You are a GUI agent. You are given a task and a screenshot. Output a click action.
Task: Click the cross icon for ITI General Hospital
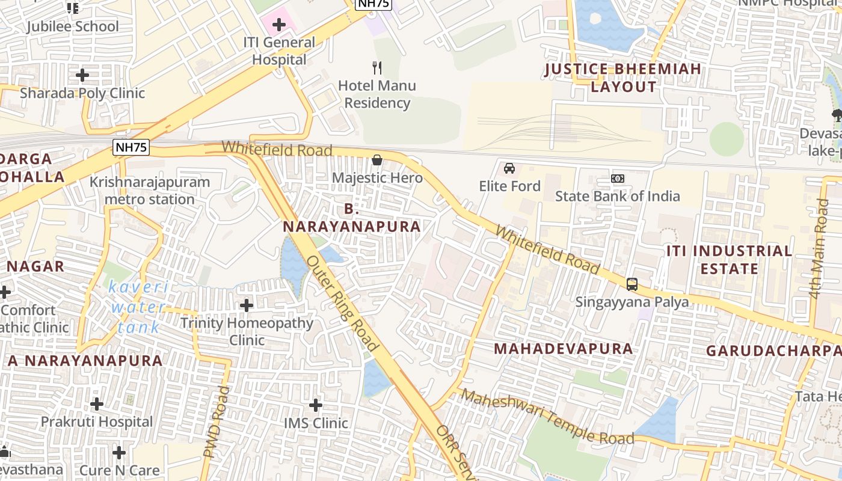tap(278, 25)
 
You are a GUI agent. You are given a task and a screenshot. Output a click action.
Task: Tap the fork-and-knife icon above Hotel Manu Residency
tap(377, 67)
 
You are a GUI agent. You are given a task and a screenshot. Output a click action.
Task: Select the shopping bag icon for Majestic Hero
tap(377, 160)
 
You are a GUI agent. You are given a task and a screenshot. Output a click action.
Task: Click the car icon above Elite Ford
tap(509, 168)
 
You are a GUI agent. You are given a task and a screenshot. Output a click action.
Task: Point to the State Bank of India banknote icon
tap(617, 179)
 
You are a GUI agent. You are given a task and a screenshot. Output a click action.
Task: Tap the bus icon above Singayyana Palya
tap(631, 284)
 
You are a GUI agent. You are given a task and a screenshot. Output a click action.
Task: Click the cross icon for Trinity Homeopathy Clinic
tap(247, 305)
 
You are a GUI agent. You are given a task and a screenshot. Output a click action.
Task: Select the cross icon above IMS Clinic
tap(316, 405)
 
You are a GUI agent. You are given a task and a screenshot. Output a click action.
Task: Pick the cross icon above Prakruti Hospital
tap(97, 403)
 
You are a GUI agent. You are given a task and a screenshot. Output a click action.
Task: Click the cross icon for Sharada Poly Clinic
tap(82, 75)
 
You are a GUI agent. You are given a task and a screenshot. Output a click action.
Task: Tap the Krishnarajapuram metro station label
tap(150, 191)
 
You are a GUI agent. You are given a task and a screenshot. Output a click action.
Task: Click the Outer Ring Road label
tap(342, 303)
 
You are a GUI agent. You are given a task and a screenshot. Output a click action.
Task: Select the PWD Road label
tap(218, 421)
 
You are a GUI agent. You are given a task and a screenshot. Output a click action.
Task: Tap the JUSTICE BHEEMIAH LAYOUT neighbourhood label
tap(623, 78)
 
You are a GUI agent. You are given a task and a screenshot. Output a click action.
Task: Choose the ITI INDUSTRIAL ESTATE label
tap(729, 259)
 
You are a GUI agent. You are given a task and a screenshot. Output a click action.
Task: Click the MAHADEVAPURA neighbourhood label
tap(563, 349)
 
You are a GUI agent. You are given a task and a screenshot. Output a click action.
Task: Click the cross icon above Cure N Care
tap(119, 452)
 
